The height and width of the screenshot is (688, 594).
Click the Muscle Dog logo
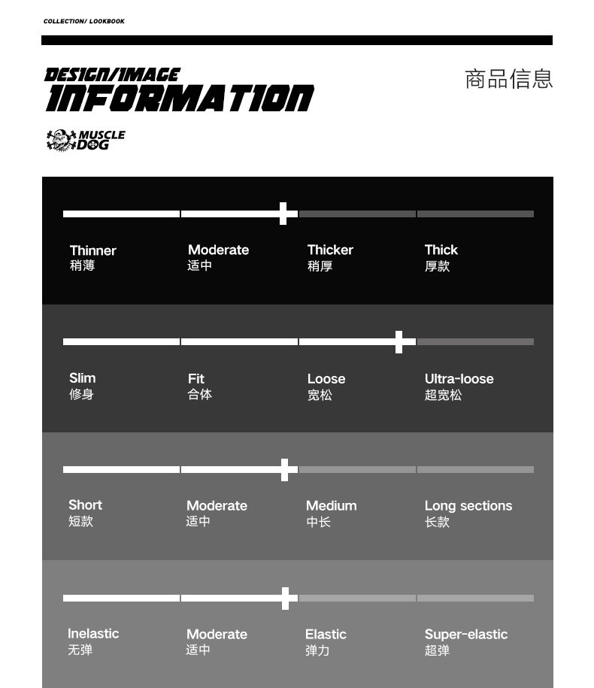point(85,140)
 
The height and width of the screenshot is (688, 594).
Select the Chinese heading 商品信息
point(509,79)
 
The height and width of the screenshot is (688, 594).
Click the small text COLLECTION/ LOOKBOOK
point(84,21)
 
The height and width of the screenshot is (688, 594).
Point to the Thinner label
point(92,250)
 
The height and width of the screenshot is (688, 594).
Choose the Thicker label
point(330,250)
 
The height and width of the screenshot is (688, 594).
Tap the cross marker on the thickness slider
point(283,214)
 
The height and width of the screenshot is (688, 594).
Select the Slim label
point(83,378)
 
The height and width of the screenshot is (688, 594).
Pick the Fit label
point(196,379)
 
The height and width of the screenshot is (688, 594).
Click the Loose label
point(326,379)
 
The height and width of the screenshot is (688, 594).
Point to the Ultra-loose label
point(459,379)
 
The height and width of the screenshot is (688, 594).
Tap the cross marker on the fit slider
point(399,341)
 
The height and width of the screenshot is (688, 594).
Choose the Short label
point(85,505)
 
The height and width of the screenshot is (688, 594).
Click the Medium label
point(332,506)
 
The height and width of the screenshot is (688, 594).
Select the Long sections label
point(468,506)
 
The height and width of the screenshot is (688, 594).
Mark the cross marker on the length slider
point(284,470)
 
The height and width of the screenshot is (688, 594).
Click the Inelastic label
point(93,634)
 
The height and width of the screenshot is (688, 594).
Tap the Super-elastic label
point(465,635)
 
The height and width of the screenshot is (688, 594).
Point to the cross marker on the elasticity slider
point(285,599)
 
